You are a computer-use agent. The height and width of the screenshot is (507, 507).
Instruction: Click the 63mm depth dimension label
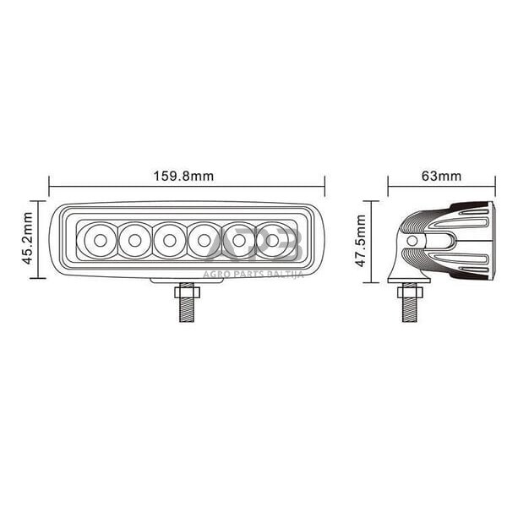440,177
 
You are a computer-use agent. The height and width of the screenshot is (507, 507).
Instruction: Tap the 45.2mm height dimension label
28,238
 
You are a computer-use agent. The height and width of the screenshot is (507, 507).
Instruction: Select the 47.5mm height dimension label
361,241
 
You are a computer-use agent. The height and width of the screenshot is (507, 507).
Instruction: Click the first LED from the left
100,240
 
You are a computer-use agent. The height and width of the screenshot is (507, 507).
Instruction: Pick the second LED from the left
134,240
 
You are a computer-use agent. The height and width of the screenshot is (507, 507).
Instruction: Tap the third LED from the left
169,240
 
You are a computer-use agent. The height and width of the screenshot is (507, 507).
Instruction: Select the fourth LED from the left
204,240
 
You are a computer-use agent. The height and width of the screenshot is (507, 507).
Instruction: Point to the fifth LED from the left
239,240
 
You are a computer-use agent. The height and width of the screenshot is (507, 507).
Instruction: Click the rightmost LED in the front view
273,240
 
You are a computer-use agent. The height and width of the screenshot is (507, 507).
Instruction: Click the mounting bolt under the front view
184,303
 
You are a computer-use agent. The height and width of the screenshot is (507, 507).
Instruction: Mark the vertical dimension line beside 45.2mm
39,238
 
